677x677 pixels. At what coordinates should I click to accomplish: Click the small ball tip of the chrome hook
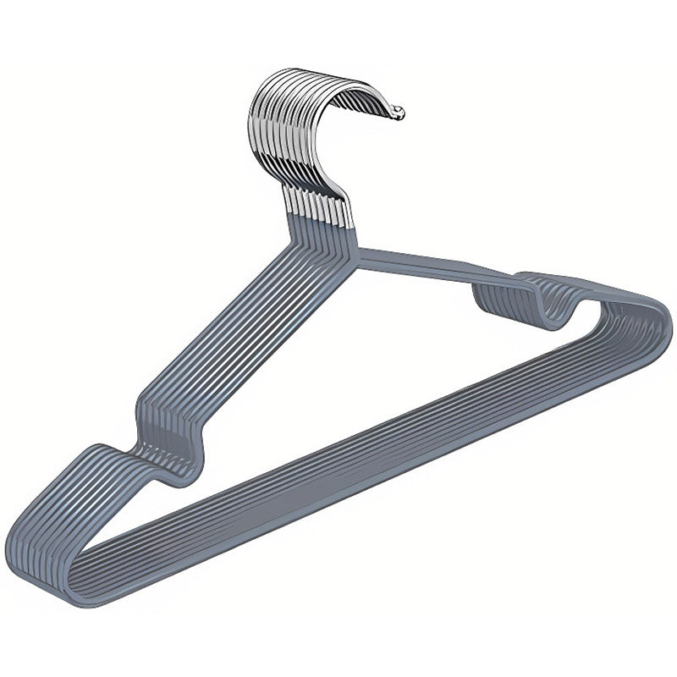tap(399, 112)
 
